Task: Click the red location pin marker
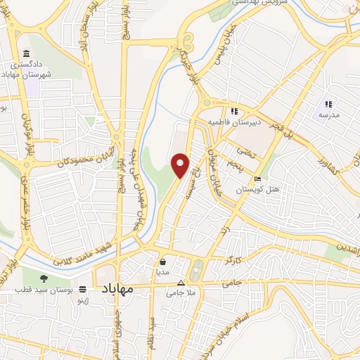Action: (181, 165)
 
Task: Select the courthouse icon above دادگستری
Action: (26, 54)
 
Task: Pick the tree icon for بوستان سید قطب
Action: (43, 278)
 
